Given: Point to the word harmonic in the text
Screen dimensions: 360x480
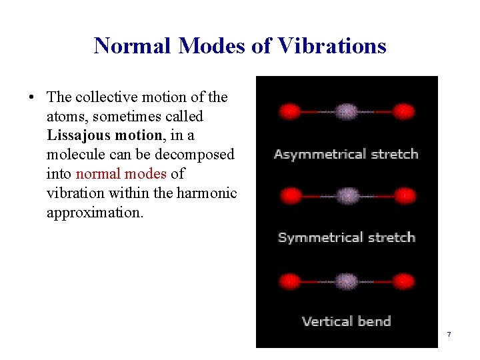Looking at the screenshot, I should pos(207,193).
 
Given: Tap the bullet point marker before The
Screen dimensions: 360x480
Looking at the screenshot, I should pos(31,97).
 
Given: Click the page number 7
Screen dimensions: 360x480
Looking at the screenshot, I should pos(449,334).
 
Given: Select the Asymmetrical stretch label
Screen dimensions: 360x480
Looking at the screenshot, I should pos(346,155).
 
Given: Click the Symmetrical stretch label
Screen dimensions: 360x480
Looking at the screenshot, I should pos(346,238).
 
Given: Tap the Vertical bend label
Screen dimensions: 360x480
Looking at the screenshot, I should pos(346,321).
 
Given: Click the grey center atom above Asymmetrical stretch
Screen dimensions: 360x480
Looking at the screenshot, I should pos(346,111).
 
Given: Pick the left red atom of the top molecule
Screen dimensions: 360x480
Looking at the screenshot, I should pos(289,111).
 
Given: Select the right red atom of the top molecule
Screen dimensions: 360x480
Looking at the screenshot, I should pos(403,111).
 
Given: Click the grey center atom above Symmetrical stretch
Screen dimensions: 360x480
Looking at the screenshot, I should pos(346,196).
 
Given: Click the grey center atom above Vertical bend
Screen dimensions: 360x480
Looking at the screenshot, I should pos(346,281).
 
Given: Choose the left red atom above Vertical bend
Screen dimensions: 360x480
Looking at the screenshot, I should pos(289,281).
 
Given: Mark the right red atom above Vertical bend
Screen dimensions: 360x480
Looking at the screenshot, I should pos(403,281).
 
